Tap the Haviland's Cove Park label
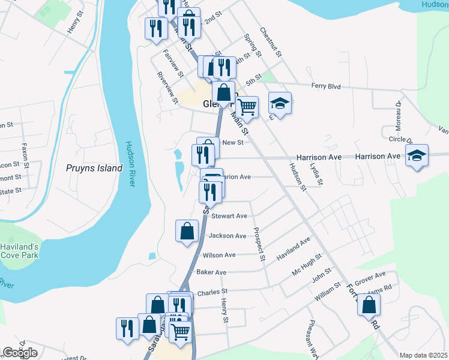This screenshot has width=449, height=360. click(19, 251)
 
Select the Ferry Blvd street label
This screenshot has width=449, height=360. click(326, 86)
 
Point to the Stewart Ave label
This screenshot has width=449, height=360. click(229, 216)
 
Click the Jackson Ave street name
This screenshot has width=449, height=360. click(228, 236)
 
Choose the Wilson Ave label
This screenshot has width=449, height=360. click(219, 255)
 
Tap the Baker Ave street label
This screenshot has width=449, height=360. click(211, 272)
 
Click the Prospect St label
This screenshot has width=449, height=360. click(259, 245)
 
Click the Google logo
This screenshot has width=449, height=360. click(20, 352)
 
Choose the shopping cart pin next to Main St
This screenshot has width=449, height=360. click(247, 107)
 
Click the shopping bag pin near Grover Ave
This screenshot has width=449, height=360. click(369, 304)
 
